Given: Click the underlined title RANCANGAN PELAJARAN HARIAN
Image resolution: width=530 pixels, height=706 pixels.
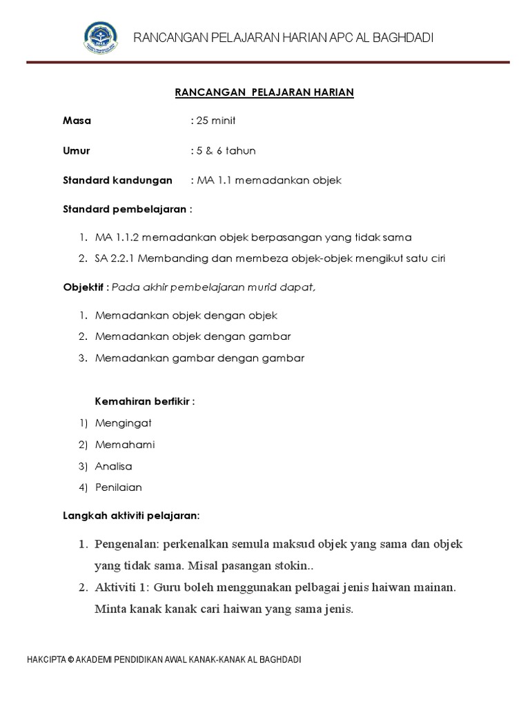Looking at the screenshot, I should (x=264, y=92).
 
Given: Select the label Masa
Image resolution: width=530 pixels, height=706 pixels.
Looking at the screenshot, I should (x=77, y=121).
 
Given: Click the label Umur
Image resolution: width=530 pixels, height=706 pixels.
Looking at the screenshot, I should (x=76, y=150).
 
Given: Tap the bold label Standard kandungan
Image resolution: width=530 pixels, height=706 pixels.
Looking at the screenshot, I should (x=117, y=180).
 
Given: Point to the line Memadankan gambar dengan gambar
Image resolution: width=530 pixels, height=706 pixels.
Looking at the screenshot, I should (x=200, y=358).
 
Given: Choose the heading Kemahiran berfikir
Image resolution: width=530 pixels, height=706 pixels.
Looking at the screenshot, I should (x=144, y=401).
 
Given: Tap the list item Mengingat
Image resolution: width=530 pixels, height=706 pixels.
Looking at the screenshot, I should (x=124, y=423).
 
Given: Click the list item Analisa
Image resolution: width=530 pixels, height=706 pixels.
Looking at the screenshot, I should (x=114, y=466).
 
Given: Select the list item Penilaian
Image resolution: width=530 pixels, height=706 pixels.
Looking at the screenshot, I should (x=119, y=487).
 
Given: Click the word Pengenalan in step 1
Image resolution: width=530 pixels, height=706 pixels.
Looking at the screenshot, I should (x=126, y=544).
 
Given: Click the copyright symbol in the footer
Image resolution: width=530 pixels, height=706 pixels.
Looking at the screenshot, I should (x=70, y=660).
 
